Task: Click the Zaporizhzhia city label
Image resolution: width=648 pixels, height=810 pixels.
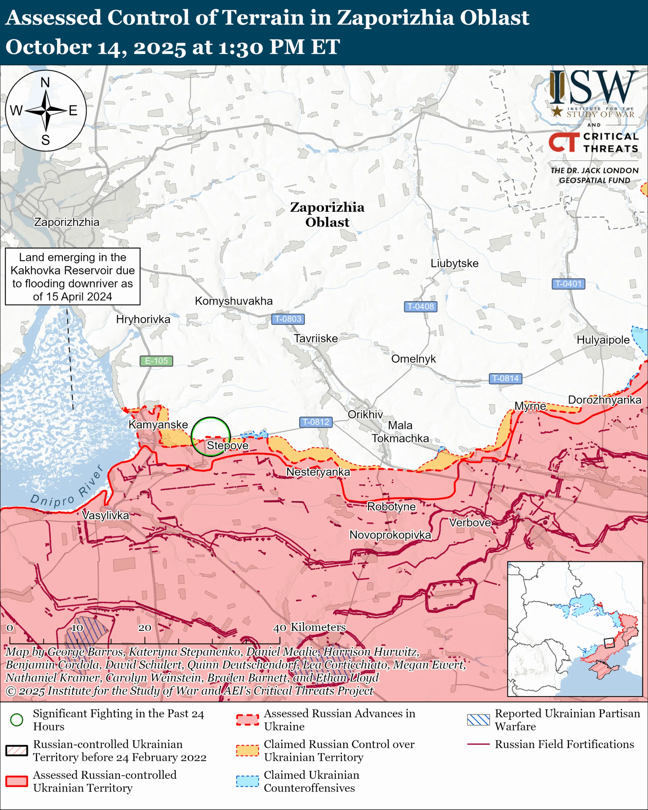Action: point(67,222)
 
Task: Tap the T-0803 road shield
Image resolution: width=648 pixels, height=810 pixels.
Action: point(288,319)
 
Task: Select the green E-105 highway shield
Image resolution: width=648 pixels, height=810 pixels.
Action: point(156,361)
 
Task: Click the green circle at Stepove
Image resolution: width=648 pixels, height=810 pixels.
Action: point(211,436)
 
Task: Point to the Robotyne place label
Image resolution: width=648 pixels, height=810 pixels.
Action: point(391,507)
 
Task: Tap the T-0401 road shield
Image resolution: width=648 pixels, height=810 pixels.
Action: point(568,283)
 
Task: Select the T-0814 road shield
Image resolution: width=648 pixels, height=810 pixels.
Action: point(505,378)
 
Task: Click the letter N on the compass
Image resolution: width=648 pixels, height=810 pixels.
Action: point(45,82)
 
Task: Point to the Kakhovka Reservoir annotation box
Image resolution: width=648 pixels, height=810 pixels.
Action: point(72,277)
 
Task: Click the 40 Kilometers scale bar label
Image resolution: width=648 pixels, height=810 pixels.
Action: point(309,627)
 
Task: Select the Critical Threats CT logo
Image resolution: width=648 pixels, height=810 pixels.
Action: point(564,142)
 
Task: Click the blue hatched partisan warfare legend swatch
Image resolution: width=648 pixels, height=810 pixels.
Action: point(478,720)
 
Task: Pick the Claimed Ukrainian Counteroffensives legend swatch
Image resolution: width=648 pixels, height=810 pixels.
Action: point(247,781)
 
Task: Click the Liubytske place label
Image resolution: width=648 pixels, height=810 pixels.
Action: point(454,263)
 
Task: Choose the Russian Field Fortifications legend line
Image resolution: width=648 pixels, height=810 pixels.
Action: point(478,744)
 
